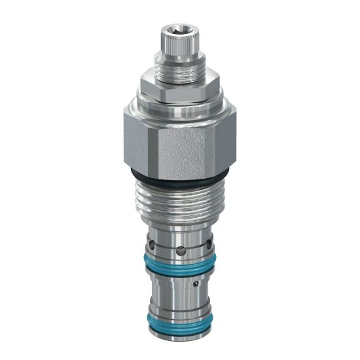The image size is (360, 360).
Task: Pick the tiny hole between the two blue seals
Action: (x=196, y=285)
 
